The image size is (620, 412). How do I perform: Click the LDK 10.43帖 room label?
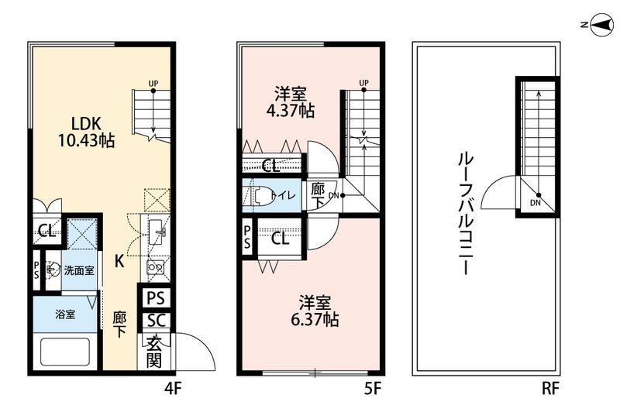tap(85, 132)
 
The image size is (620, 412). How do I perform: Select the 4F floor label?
tap(172, 386)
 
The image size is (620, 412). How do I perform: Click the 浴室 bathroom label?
tap(65, 316)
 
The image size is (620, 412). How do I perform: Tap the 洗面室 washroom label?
tap(79, 270)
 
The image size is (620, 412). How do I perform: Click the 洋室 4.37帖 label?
tap(291, 103)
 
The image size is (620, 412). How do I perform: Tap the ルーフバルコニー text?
tap(464, 214)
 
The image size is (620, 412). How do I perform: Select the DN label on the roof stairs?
tap(536, 203)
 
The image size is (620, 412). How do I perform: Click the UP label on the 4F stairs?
tap(153, 82)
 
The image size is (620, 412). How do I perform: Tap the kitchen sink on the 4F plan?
tap(157, 230)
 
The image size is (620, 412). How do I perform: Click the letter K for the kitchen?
tap(119, 261)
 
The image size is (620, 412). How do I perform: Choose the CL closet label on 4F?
tap(44, 230)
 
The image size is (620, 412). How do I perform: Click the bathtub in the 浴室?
tap(65, 355)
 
